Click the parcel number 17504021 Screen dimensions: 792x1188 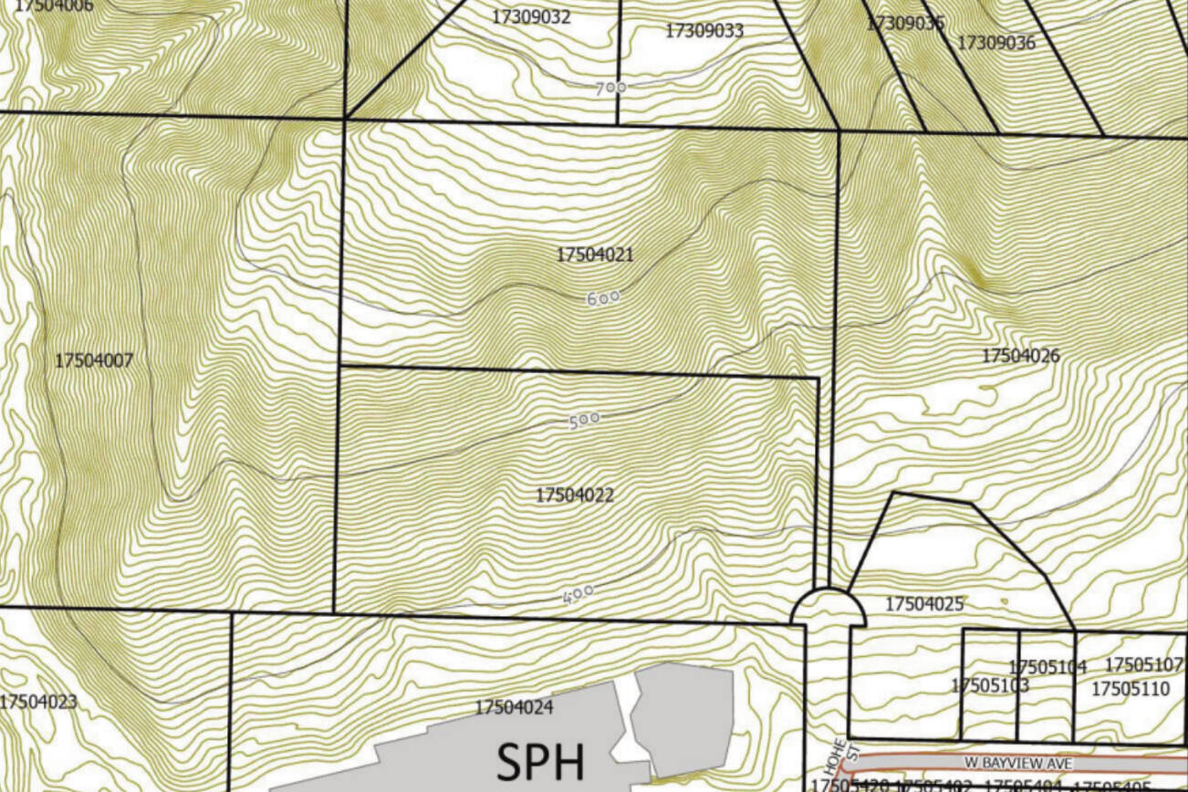click(x=594, y=255)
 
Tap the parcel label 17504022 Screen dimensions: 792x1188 click(x=575, y=495)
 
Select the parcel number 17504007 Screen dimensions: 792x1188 click(x=94, y=360)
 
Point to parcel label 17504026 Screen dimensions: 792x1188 click(x=1021, y=355)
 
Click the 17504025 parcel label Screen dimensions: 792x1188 click(x=924, y=604)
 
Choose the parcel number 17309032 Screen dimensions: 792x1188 click(x=531, y=16)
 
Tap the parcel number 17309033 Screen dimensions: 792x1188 click(x=703, y=30)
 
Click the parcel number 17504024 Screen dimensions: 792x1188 click(x=514, y=707)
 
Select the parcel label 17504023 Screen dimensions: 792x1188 click(x=38, y=703)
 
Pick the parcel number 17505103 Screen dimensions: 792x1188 click(x=990, y=685)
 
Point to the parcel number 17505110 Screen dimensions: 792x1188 click(x=1130, y=688)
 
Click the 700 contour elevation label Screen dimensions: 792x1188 click(x=611, y=88)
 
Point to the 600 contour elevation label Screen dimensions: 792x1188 click(x=603, y=297)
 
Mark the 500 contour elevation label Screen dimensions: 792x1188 click(x=584, y=420)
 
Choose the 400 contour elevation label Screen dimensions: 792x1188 click(x=578, y=594)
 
